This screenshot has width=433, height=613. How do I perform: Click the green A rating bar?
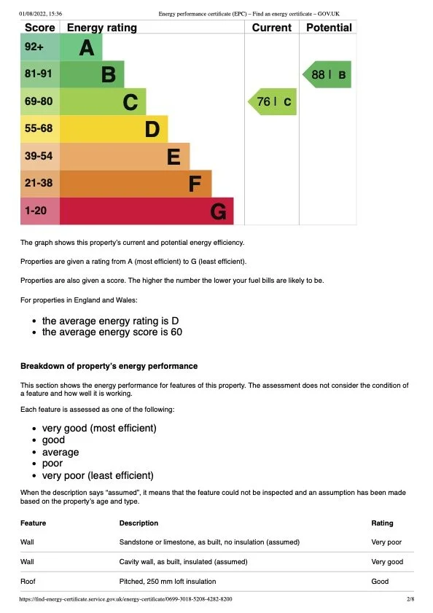80,48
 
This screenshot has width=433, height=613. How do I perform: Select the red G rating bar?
146,211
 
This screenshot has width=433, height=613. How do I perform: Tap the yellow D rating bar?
113,130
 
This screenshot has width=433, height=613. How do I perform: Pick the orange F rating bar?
135,184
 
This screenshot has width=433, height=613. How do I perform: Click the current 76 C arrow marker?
273,102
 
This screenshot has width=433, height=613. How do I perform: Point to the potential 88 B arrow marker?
327,74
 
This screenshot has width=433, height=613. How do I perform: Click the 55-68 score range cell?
39,130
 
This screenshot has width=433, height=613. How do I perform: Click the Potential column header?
329,28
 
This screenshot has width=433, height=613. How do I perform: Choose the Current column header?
271,28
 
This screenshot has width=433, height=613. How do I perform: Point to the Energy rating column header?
101,28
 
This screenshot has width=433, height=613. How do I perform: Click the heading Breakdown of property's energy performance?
109,366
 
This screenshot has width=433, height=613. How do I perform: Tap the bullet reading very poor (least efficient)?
98,475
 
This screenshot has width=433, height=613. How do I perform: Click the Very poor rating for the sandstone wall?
386,542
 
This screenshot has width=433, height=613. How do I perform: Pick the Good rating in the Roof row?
380,582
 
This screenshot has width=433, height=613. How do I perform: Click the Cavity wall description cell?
183,562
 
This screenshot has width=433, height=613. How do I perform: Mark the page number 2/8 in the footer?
410,599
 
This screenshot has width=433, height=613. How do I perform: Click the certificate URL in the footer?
126,599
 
